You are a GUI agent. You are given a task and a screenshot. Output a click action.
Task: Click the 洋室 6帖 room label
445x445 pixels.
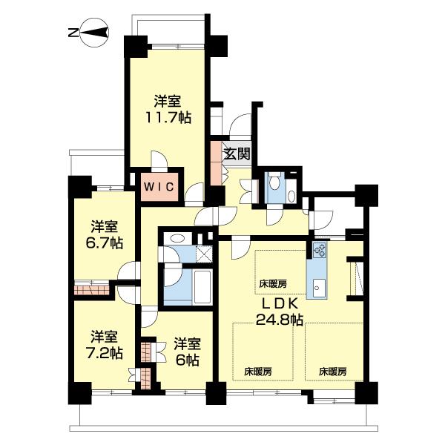pyautogui.click(x=187, y=352)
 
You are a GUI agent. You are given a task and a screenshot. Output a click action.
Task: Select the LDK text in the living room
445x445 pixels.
pyautogui.click(x=280, y=304)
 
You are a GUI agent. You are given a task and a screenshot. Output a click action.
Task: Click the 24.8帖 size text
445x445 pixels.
pyautogui.click(x=280, y=320)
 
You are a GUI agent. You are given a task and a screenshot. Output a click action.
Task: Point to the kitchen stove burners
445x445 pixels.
pyautogui.click(x=320, y=251)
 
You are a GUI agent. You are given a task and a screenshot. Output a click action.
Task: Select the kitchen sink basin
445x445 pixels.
pyautogui.click(x=320, y=286)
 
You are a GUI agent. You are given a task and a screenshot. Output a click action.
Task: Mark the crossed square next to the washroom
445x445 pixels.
pyautogui.click(x=201, y=253)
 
